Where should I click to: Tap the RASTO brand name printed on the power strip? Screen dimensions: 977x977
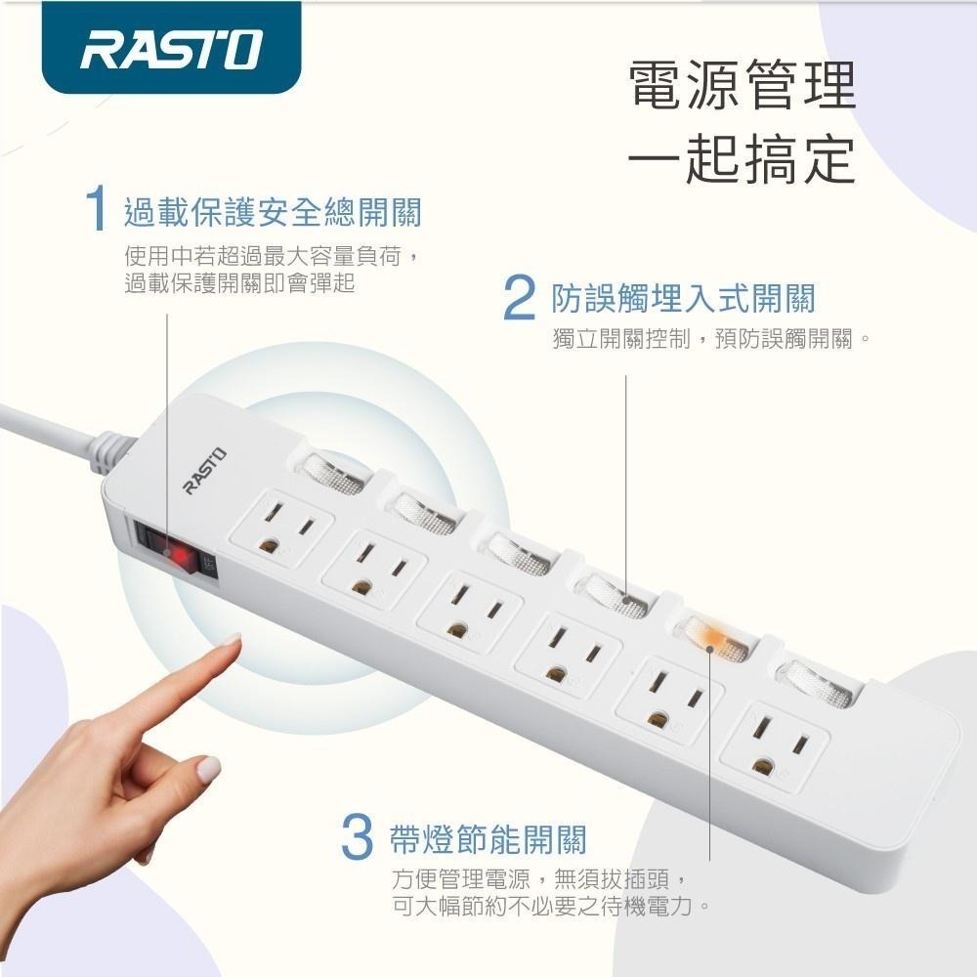pos(204,469)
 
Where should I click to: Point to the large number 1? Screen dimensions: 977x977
pos(96,211)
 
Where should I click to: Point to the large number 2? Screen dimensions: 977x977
pos(520,299)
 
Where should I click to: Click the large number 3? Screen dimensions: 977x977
pos(358,838)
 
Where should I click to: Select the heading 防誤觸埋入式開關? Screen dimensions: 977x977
pos(683,298)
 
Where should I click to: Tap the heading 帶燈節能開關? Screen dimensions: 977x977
pos(488,838)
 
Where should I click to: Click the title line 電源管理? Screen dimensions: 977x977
pos(742,86)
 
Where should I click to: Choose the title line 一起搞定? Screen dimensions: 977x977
pos(742,158)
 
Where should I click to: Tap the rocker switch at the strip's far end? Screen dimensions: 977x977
pos(812,680)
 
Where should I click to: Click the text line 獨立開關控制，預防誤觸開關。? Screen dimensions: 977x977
pos(710,339)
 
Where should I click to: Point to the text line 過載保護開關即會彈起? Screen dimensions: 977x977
pos(239,283)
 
